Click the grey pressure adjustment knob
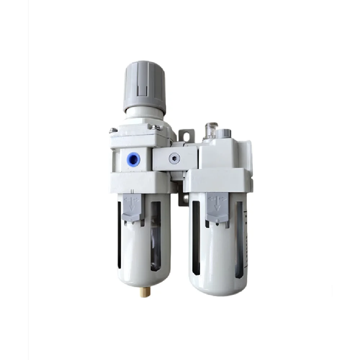pyautogui.click(x=144, y=86)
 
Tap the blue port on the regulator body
pyautogui.click(x=133, y=159)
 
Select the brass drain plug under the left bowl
pyautogui.click(x=143, y=292)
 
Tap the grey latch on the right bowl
pyautogui.click(x=217, y=207)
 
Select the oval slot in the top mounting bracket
pyautogui.click(x=186, y=136)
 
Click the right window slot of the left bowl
pyautogui.click(x=156, y=236)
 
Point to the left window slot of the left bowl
pyautogui.click(x=119, y=234)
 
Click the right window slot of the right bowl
pyautogui.click(x=239, y=239)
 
